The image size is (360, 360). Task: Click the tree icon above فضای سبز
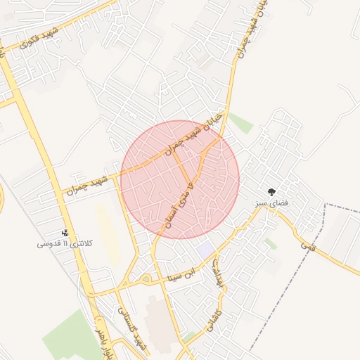tap(271, 191)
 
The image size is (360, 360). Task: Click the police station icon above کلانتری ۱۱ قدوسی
tap(65, 233)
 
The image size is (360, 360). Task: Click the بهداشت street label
tap(218, 271)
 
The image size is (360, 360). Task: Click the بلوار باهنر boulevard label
tap(100, 340)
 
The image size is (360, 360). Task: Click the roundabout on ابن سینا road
tap(147, 280)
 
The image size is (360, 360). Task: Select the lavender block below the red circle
tap(205, 250)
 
